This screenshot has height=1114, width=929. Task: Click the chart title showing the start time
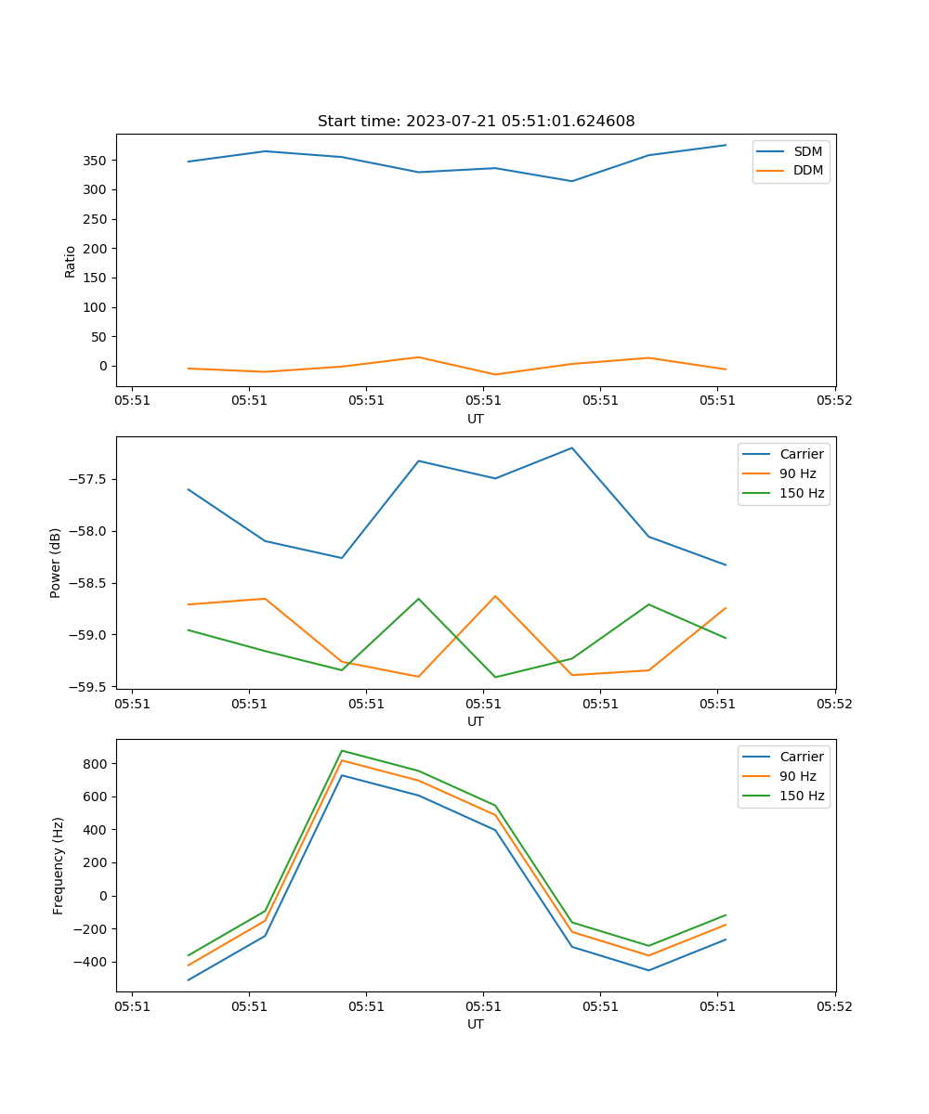(476, 122)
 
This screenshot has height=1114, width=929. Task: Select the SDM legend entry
(807, 151)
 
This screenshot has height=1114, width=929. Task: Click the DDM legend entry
(807, 171)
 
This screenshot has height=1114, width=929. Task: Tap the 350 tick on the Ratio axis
(93, 161)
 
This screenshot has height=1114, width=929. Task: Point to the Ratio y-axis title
(71, 261)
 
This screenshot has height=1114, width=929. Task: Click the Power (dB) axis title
(56, 563)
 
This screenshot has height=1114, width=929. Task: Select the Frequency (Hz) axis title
(58, 865)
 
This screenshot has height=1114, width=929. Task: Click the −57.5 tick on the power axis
(85, 480)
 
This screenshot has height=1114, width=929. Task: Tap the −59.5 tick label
(85, 687)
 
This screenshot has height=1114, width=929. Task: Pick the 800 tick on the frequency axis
(95, 764)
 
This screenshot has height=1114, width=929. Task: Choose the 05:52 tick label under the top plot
(834, 401)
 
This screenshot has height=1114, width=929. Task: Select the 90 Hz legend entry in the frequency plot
(797, 776)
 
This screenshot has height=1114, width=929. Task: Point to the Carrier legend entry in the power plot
(801, 454)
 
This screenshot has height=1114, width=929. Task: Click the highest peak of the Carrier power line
(571, 447)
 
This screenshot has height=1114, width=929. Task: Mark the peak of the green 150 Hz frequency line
(342, 750)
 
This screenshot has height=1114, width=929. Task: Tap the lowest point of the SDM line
(571, 181)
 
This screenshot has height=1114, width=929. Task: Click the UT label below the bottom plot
(476, 1024)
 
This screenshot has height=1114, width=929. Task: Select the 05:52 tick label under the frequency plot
(834, 1006)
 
